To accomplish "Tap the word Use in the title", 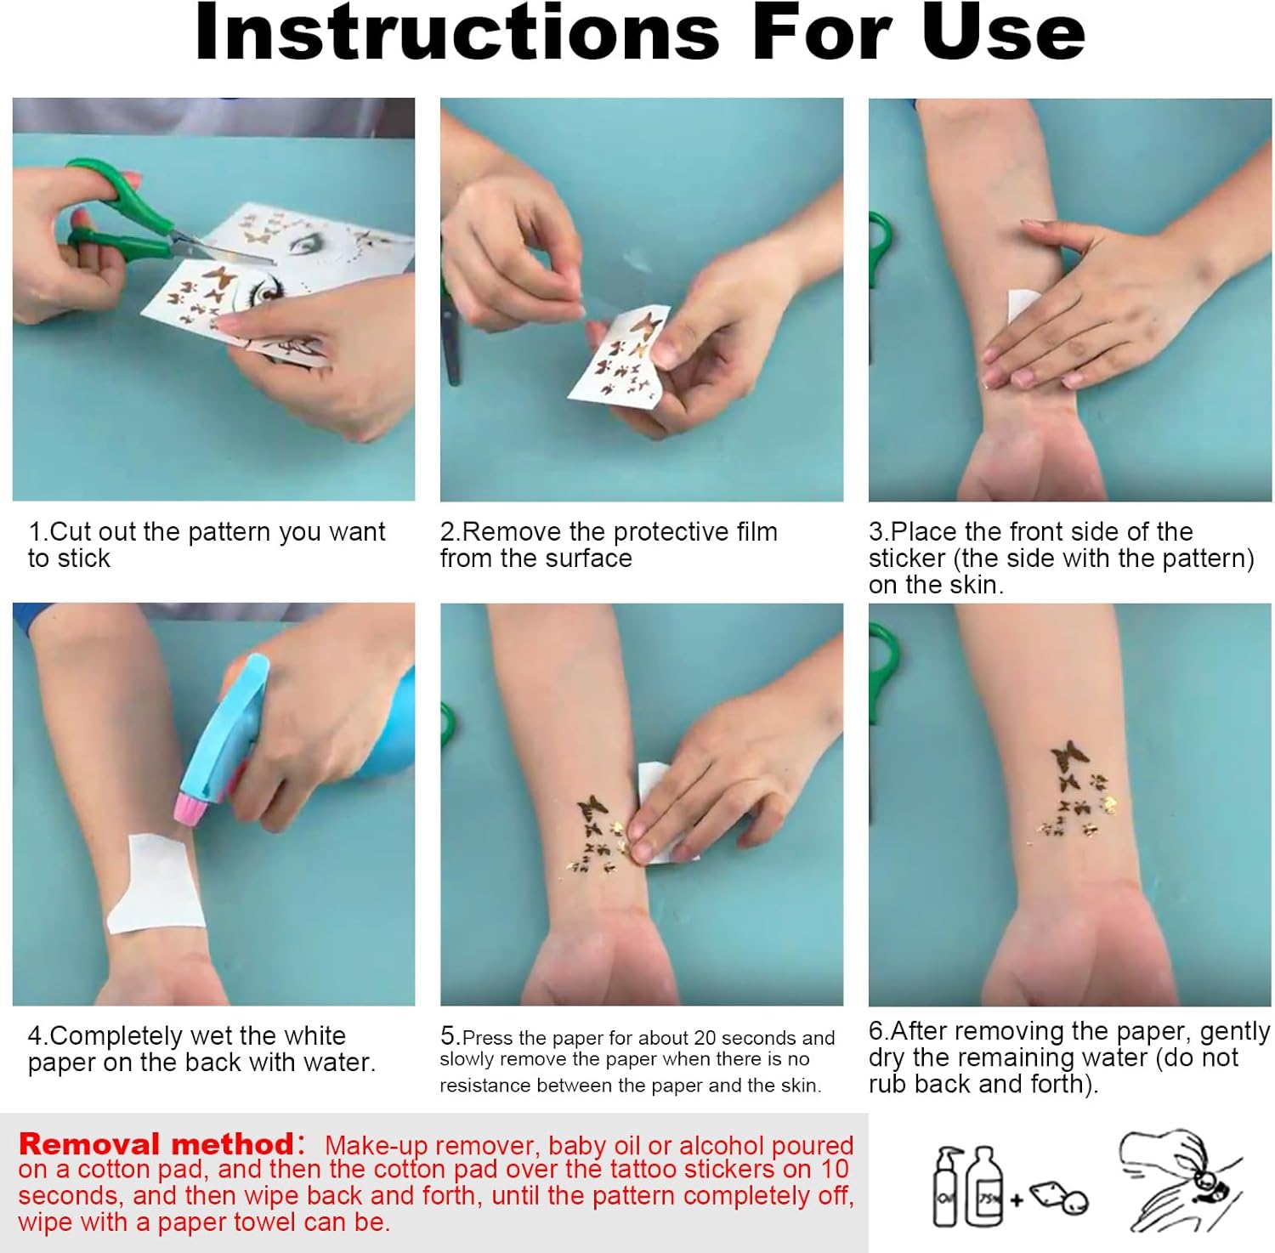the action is (x=1003, y=32).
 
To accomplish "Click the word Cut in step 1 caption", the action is (x=71, y=532).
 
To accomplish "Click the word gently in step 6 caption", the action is (x=1235, y=1032).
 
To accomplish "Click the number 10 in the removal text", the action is (x=835, y=1170).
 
